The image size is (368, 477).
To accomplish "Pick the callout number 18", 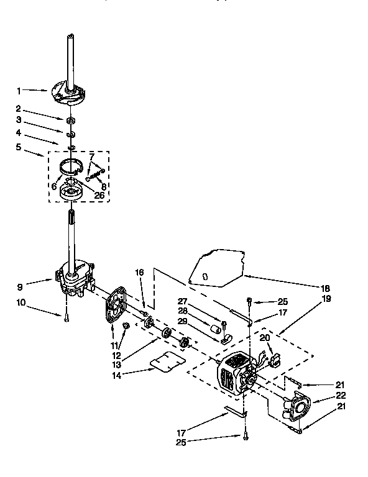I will point(326,288).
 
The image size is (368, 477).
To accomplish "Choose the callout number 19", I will point(327,299).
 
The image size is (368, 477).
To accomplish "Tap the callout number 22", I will point(323,395).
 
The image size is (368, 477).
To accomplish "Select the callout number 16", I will point(140,272).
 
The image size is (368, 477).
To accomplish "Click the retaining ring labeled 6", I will point(73,166).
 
